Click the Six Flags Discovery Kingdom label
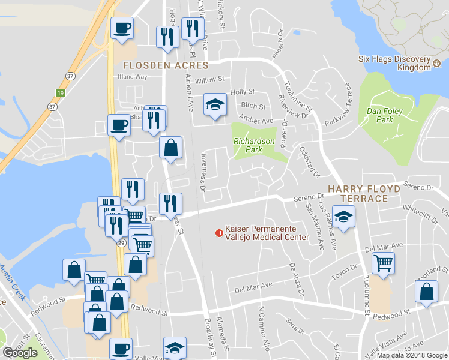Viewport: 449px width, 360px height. click(x=394, y=63)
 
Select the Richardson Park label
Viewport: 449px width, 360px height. click(x=254, y=146)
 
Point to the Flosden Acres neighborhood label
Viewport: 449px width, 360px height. click(x=165, y=65)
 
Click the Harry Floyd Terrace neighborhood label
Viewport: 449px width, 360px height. click(x=364, y=193)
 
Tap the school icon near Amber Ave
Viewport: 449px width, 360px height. click(x=215, y=105)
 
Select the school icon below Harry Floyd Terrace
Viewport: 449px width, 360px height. click(x=344, y=217)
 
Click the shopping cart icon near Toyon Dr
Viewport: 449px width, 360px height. click(x=382, y=262)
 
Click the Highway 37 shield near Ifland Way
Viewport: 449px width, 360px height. click(x=71, y=76)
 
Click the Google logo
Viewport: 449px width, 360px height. click(x=20, y=353)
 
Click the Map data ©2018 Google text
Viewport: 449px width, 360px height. click(x=412, y=355)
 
